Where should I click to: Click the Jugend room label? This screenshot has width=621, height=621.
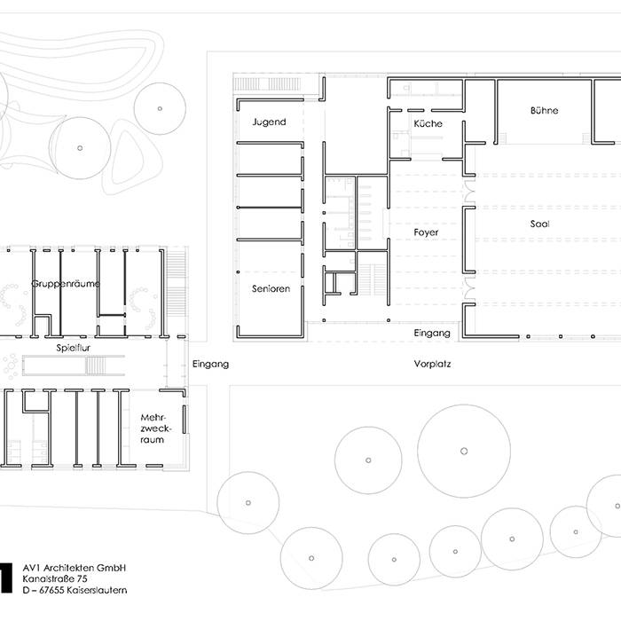point(269,122)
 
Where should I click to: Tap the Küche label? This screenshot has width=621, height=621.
point(428,123)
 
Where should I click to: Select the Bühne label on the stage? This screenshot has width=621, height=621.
point(544,113)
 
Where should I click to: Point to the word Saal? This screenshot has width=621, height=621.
point(539,224)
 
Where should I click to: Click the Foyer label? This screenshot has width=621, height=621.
point(426,232)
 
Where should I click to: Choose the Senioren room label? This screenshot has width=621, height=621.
point(271,289)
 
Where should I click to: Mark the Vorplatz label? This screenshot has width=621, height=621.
point(432,365)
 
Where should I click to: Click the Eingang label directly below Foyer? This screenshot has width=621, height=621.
point(432,334)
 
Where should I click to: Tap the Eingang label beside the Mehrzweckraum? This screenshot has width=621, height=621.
point(210,364)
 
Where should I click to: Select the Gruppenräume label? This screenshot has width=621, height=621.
point(65,284)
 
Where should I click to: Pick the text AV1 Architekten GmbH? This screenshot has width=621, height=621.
point(75,568)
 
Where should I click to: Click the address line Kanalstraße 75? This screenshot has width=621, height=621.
point(55,579)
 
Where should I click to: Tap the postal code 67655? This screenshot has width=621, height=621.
point(49,591)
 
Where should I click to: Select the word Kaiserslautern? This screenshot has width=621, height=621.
point(95,591)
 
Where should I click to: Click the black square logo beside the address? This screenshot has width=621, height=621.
point(4,578)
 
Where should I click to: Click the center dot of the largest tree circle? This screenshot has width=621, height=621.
point(464,450)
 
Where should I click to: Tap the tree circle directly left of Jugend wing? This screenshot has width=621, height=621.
point(161,108)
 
